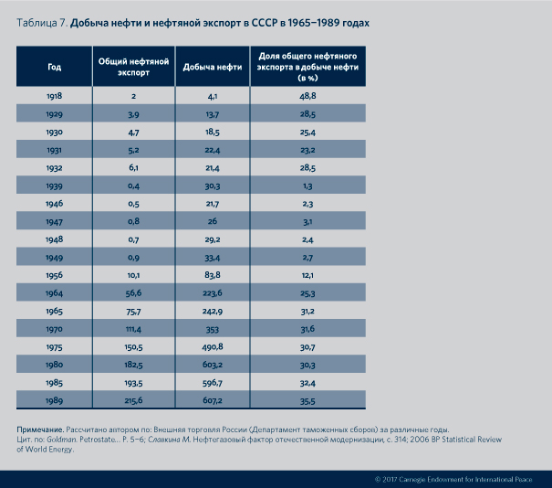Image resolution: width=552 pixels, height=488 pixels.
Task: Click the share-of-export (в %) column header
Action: (307, 67)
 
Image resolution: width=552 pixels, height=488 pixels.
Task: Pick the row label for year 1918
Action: (54, 95)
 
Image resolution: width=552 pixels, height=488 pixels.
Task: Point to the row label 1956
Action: (54, 275)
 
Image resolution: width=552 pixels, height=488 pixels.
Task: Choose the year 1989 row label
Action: (54, 400)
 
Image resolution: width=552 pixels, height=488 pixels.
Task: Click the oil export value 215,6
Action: (133, 400)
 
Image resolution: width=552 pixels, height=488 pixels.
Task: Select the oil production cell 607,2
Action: (212, 400)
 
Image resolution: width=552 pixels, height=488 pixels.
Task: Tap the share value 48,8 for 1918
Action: (307, 95)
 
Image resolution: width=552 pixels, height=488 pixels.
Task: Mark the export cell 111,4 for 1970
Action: (133, 329)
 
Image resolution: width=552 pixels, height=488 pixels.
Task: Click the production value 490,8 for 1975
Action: (212, 346)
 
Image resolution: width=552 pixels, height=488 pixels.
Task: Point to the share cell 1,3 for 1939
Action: (307, 186)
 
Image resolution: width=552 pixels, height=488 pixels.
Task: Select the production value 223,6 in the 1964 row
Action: (212, 293)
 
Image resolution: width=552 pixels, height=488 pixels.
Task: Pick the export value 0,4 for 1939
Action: (133, 186)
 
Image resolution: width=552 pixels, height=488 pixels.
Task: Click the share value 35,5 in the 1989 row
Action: (307, 400)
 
